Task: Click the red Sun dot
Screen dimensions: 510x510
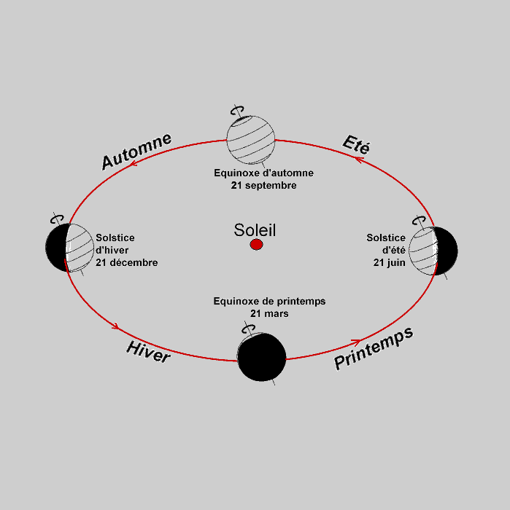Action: pos(256,244)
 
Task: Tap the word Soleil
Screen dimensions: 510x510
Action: pos(255,230)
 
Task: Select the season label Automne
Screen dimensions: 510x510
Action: pos(136,152)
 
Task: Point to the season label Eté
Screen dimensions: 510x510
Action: pos(356,144)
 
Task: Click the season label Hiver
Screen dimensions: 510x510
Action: pos(148,352)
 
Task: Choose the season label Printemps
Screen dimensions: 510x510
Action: pos(374,348)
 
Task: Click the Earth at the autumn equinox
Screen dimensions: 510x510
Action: pos(251,140)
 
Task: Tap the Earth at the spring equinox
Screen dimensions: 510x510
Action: pos(262,357)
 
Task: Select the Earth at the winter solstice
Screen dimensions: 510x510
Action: pos(70,248)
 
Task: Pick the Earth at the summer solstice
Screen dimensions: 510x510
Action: pos(433,251)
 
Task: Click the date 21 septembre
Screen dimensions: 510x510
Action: pos(264,185)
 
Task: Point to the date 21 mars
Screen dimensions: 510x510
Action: pos(269,313)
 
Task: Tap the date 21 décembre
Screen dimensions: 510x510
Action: pos(127,262)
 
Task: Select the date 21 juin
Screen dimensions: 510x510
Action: pos(389,262)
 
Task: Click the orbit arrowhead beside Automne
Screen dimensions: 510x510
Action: pos(134,162)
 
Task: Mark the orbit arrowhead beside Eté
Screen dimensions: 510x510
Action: pos(359,160)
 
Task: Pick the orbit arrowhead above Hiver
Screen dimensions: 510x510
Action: pos(115,326)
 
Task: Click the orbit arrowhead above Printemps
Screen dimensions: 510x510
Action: pos(356,342)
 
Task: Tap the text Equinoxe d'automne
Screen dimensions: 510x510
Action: pos(264,173)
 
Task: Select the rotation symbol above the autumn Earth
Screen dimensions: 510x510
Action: pos(237,111)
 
